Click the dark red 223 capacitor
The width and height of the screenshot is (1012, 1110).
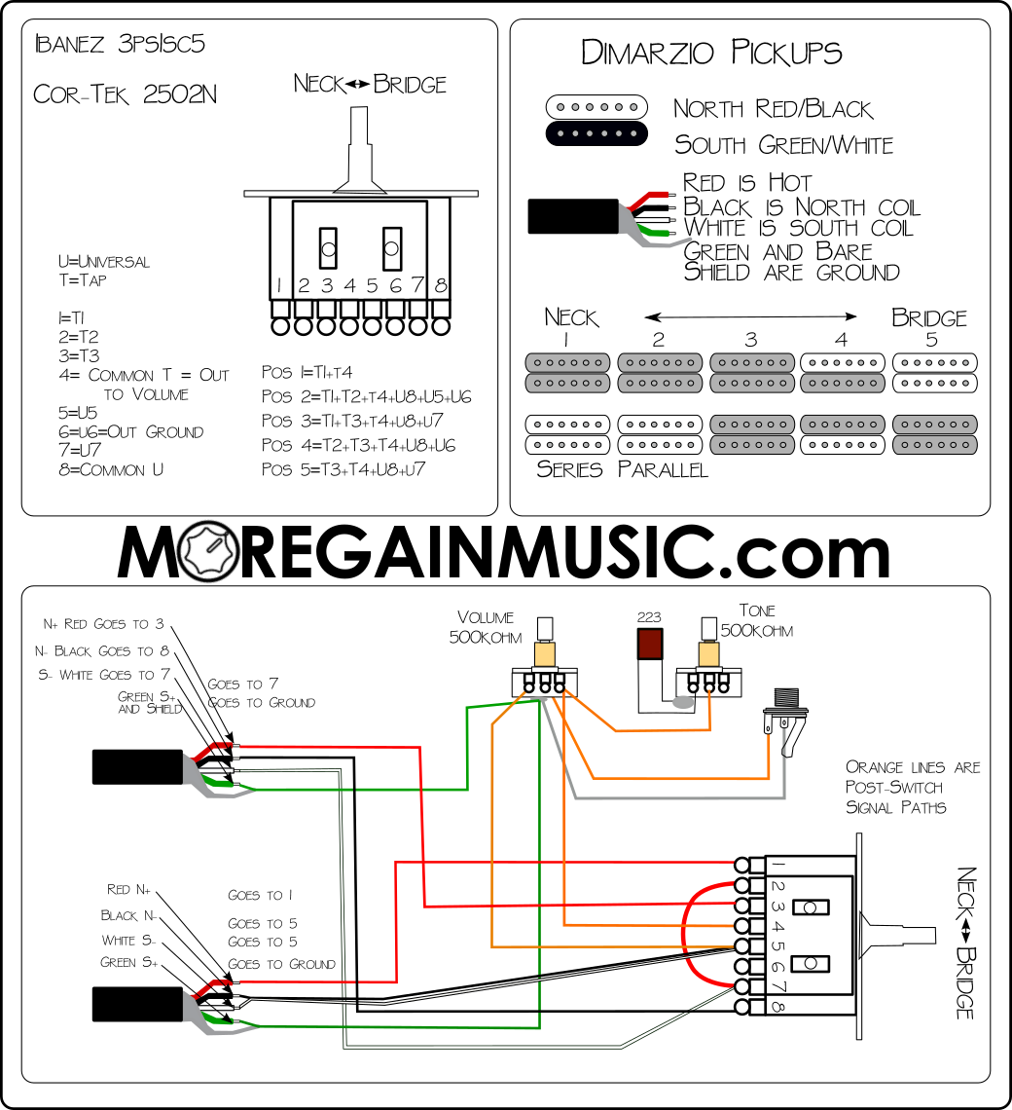pyautogui.click(x=649, y=644)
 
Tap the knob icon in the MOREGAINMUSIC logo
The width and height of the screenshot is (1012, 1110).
pyautogui.click(x=209, y=553)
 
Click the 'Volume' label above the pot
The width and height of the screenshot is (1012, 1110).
pyautogui.click(x=485, y=617)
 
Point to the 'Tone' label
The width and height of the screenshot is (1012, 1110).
pyautogui.click(x=757, y=610)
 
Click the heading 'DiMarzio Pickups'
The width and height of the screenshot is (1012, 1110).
pyautogui.click(x=711, y=53)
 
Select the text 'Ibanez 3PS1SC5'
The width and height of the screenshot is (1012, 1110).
pyautogui.click(x=120, y=45)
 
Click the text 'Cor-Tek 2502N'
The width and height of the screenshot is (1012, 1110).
pyautogui.click(x=126, y=94)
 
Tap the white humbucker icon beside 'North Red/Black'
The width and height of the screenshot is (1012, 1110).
pyautogui.click(x=596, y=106)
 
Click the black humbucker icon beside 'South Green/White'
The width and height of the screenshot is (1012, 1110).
pyautogui.click(x=596, y=133)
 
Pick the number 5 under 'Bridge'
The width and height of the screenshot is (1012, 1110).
pyautogui.click(x=930, y=340)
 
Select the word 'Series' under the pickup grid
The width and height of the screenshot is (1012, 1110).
pyautogui.click(x=571, y=470)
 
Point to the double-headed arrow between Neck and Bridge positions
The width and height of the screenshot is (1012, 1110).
pyautogui.click(x=750, y=315)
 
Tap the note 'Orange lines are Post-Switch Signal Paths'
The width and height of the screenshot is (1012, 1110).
pyautogui.click(x=912, y=787)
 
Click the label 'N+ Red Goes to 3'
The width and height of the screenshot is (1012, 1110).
pyautogui.click(x=103, y=624)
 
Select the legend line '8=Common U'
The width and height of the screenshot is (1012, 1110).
pyautogui.click(x=110, y=469)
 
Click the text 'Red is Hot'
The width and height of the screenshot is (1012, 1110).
pyautogui.click(x=746, y=183)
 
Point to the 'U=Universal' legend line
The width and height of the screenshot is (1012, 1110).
pyautogui.click(x=104, y=262)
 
